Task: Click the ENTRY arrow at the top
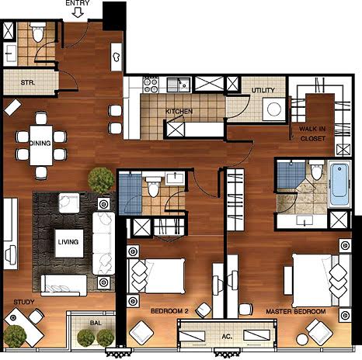pos(78,12)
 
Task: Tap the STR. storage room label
pos(28,83)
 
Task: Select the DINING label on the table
pos(40,143)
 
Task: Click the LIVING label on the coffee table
pos(68,242)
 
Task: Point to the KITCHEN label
pos(179,111)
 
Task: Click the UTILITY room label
pos(263,90)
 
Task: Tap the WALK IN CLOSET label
pos(312,133)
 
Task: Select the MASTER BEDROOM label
pos(296,312)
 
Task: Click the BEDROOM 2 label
pos(169,311)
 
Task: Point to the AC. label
pos(227,337)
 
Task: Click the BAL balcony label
pos(96,323)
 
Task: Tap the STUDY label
pos(24,302)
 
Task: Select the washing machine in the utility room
pos(274,109)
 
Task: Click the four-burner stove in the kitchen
pos(151,85)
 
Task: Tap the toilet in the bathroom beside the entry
pos(38,32)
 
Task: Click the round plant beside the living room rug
pos(101,180)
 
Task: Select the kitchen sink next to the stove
pos(179,85)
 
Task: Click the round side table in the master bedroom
pos(302,339)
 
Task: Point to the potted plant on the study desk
pos(15,336)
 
